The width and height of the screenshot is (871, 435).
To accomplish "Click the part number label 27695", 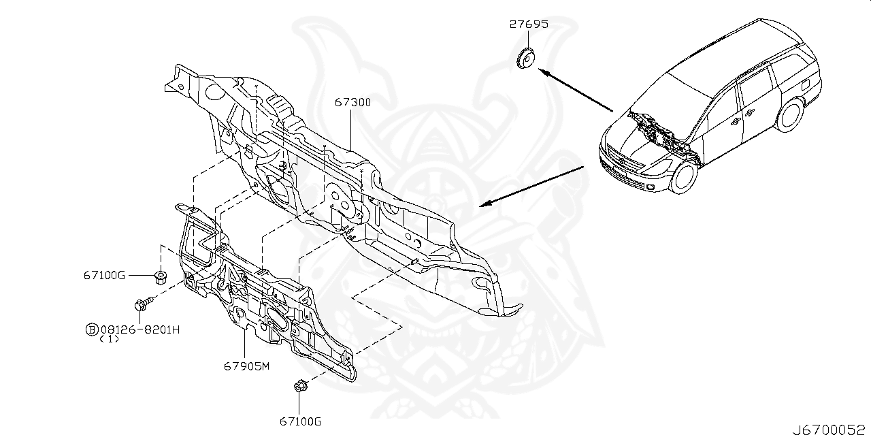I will (529, 25).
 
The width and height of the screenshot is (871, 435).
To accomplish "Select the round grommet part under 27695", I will (525, 59).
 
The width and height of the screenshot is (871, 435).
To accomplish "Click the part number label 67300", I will (352, 102).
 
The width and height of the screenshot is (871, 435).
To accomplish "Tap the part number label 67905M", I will (247, 366).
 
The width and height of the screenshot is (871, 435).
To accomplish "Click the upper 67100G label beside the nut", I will (105, 275).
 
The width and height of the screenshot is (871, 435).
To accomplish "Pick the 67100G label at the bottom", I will (299, 422).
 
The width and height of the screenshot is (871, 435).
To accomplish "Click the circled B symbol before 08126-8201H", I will (90, 329).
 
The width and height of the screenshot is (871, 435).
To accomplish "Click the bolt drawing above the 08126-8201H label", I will (143, 304).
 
